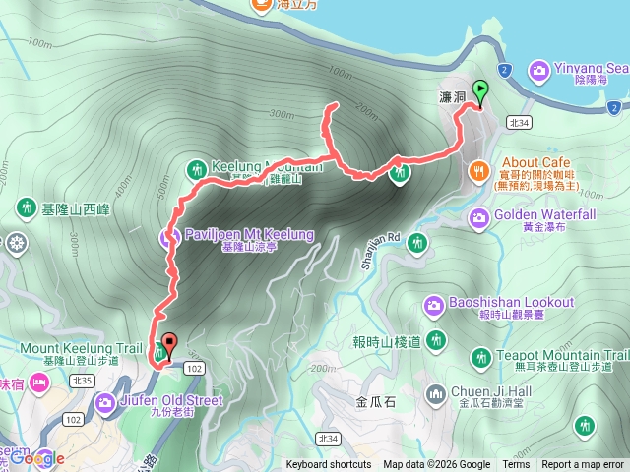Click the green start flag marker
coord(480,92)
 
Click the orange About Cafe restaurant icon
coord(479,170)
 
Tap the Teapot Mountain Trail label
coord(564,356)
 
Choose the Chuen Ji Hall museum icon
coord(436,394)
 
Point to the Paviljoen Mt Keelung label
coord(250,235)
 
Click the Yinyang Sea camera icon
coord(538,70)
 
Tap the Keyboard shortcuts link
coord(329,465)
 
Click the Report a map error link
coord(583,465)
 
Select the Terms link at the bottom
coord(516,465)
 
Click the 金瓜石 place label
coord(376,401)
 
